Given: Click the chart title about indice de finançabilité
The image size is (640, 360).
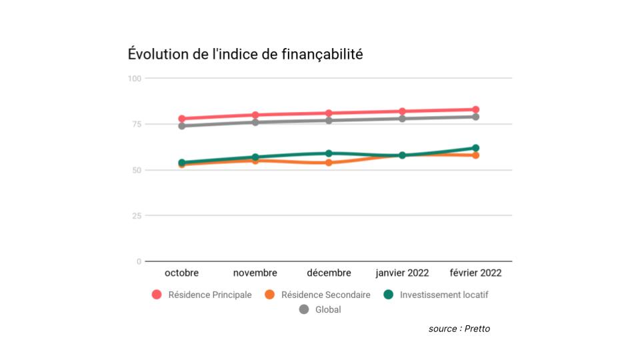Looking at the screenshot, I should (x=245, y=55).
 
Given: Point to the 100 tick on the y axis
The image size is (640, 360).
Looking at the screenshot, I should (x=135, y=79).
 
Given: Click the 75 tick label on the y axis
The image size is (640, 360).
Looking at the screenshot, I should (x=136, y=124).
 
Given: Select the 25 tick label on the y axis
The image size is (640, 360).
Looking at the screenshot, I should (x=136, y=216).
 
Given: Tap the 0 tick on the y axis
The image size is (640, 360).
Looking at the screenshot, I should (x=139, y=261).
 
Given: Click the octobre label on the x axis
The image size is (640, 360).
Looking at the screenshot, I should (x=181, y=273).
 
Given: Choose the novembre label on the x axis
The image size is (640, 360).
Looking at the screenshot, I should (x=255, y=273).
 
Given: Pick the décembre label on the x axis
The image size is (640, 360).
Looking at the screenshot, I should (x=329, y=273).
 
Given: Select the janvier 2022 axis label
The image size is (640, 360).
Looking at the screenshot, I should (x=402, y=273).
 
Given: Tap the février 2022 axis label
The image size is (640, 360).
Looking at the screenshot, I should (x=475, y=273).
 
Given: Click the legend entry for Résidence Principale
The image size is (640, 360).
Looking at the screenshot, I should (x=202, y=295).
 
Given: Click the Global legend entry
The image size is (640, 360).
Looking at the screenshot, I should (x=320, y=309).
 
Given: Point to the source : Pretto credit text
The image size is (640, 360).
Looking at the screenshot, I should (x=459, y=329).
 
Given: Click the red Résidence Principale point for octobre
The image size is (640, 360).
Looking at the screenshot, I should (x=182, y=119).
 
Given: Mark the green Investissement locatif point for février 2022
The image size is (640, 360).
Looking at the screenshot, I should (x=476, y=148).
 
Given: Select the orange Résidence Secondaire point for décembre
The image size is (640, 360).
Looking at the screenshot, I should (x=329, y=163).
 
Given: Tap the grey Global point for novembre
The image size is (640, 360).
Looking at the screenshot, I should (x=255, y=122).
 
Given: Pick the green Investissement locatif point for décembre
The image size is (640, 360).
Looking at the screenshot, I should (x=329, y=153).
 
